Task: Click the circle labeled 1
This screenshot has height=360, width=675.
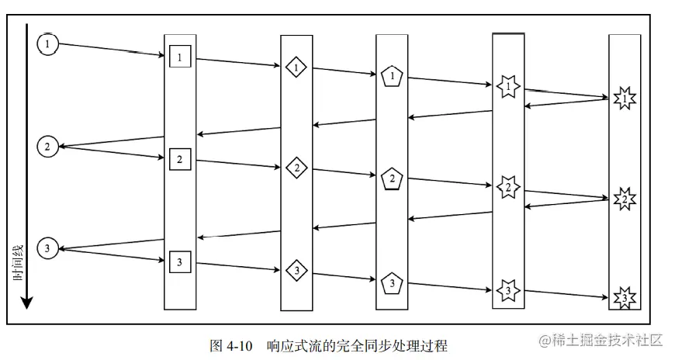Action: click(48, 44)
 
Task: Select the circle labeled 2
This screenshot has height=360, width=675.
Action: click(48, 146)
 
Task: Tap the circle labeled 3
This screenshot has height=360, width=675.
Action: click(48, 248)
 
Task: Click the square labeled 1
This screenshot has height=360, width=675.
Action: click(180, 57)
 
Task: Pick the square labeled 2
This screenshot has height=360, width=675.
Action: click(180, 159)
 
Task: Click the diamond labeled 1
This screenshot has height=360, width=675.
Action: click(296, 67)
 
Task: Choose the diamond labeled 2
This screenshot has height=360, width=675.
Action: click(296, 167)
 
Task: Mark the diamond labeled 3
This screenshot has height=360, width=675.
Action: click(296, 270)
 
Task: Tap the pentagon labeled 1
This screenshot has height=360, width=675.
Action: click(393, 76)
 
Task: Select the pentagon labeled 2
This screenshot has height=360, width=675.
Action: click(393, 178)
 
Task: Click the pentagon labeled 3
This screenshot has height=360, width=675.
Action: click(393, 281)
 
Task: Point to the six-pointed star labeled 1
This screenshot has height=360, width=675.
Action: click(508, 86)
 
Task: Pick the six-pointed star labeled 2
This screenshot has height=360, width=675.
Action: click(508, 188)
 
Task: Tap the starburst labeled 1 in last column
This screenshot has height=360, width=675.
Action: click(624, 99)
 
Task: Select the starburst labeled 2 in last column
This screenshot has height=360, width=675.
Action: click(624, 199)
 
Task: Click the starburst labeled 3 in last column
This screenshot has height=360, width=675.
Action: click(624, 298)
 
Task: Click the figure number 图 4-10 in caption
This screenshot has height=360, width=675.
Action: click(232, 344)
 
